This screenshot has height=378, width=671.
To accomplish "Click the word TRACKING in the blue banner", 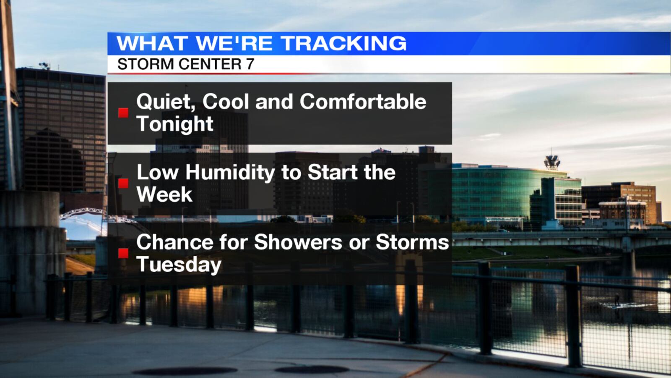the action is coord(343,44).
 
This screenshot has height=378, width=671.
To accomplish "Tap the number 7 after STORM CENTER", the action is coord(250,64).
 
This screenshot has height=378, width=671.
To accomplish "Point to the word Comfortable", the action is coord(363,101).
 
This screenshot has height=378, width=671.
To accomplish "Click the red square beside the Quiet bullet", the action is coord(123,113).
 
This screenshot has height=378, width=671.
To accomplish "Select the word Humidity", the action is coord(230,173).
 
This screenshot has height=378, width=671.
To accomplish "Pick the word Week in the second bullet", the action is coord(164,194).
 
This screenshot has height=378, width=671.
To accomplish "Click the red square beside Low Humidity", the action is coord(123,183).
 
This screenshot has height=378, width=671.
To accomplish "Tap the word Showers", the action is coord(298,242).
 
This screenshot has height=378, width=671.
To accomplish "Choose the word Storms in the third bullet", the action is coord(412,242).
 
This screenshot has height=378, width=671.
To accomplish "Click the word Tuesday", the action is coord(179,265).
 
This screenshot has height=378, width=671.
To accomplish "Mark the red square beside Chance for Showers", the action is coord(123,254).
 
